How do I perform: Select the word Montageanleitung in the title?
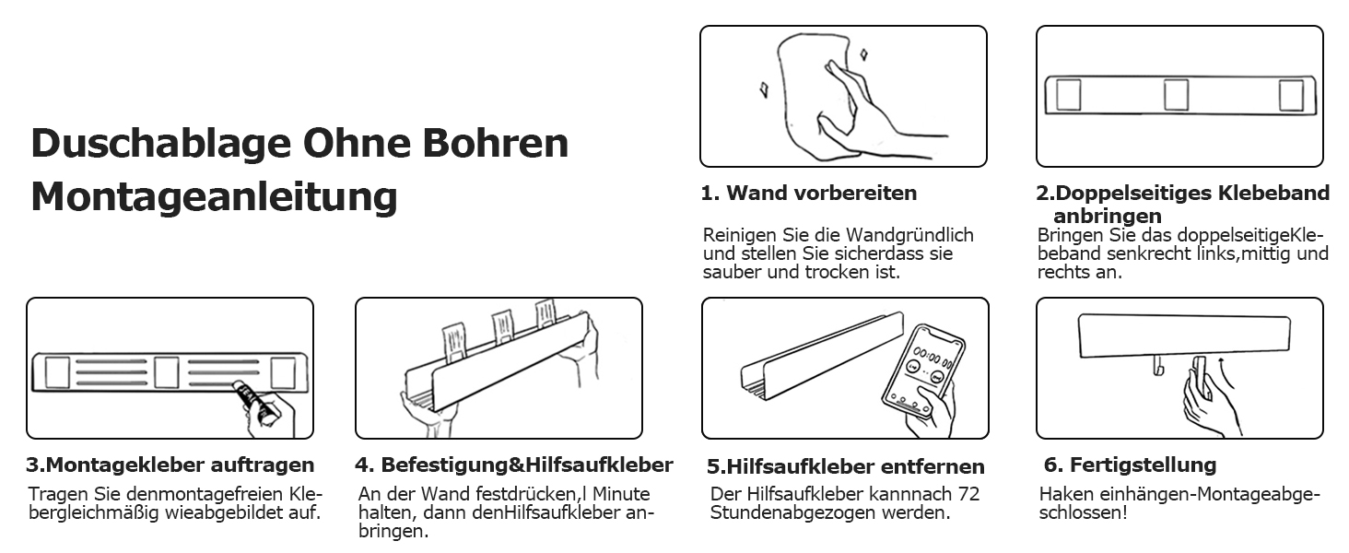(x=215, y=197)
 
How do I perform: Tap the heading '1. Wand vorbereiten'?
(x=809, y=193)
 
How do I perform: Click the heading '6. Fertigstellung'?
(x=1130, y=465)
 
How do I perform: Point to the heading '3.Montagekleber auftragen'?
(x=170, y=465)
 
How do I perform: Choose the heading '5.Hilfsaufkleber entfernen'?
(x=846, y=466)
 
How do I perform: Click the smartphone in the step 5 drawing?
(x=923, y=371)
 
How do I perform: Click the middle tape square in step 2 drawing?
(x=1176, y=95)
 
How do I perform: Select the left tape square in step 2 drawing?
(x=1069, y=95)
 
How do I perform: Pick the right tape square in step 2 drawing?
(x=1291, y=95)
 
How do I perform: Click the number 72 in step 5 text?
(x=968, y=494)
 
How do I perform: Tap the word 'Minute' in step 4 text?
(x=621, y=494)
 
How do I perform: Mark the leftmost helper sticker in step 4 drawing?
(x=454, y=342)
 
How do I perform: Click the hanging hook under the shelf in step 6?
(x=1157, y=365)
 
